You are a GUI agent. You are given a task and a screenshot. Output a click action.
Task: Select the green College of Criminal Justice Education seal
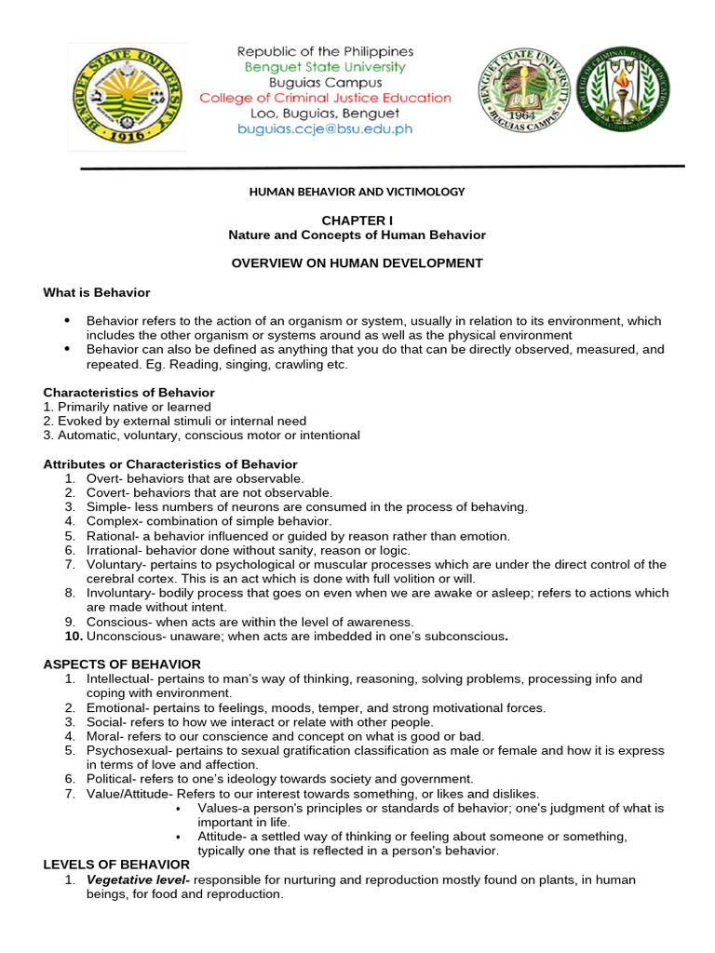(623, 90)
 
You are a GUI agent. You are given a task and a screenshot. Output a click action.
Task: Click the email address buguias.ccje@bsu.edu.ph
(325, 129)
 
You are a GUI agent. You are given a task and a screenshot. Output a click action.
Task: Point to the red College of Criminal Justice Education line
(325, 98)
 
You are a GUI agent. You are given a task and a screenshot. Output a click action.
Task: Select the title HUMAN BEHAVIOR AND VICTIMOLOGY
(357, 192)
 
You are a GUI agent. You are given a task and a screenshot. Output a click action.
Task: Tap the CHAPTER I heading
(357, 220)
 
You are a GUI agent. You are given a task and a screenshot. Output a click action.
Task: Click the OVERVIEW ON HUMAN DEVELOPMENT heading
(357, 263)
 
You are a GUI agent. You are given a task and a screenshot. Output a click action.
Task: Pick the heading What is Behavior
(97, 292)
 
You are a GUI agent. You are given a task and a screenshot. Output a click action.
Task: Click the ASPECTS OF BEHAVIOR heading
(122, 664)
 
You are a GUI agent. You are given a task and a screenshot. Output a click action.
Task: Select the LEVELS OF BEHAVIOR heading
(116, 865)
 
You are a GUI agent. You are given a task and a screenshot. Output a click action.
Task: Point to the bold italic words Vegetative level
(138, 879)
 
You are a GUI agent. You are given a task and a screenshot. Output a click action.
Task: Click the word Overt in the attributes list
(102, 477)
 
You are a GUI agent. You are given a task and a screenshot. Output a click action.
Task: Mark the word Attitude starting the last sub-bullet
(220, 836)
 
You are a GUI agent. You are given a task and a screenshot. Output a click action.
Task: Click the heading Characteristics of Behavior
(129, 393)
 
